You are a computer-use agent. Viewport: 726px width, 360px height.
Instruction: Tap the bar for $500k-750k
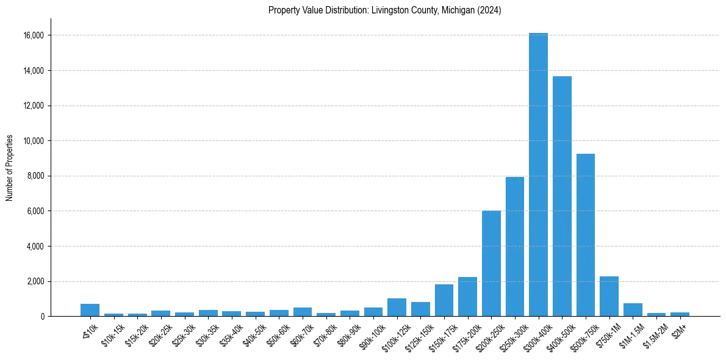click(585, 235)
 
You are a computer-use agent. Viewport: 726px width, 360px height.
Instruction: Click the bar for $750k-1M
click(609, 297)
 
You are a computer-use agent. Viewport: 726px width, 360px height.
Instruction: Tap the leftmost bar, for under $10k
click(90, 310)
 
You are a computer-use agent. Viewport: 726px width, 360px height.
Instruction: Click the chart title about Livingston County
click(384, 10)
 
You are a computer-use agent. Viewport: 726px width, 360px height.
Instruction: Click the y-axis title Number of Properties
click(10, 167)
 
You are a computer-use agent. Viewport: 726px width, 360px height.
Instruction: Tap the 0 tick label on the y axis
click(42, 317)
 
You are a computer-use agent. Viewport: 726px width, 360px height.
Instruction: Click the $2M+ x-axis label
click(678, 330)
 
